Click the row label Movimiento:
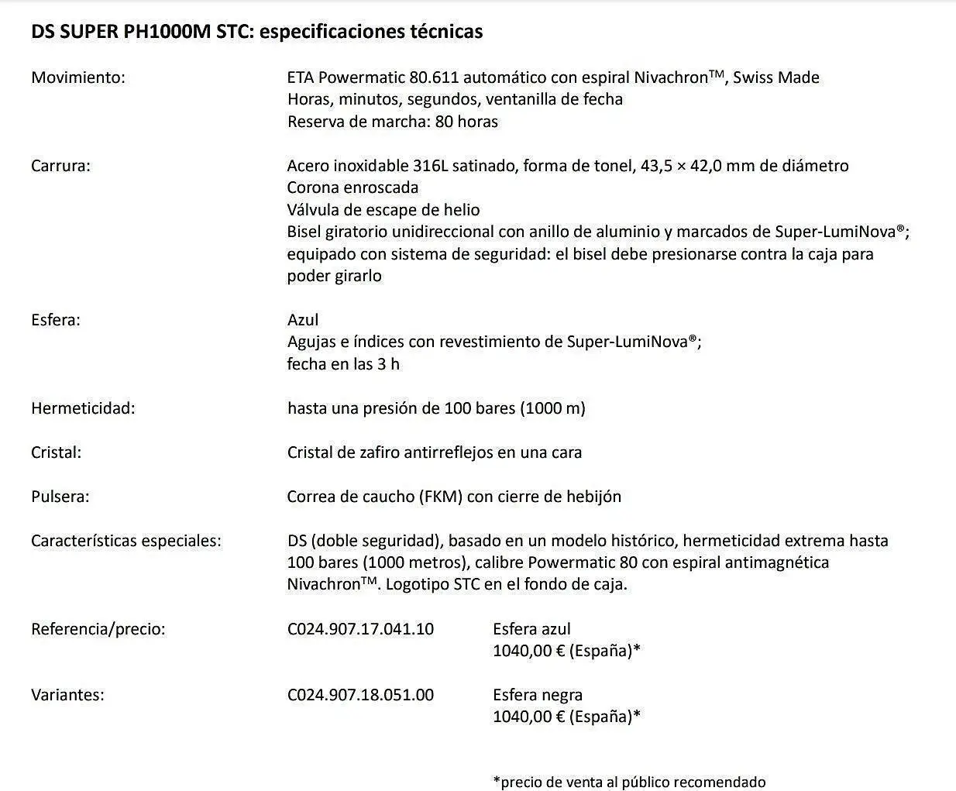point(77,77)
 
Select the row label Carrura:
point(60,166)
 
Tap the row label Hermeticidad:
point(83,408)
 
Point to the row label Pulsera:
point(60,497)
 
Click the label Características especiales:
point(126,541)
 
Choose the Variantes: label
point(67,695)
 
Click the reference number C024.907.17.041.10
point(360,629)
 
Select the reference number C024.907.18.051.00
point(360,695)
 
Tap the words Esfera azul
point(531,629)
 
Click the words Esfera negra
point(538,695)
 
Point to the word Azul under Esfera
point(303,320)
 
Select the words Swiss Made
point(776,77)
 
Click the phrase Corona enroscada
point(352,187)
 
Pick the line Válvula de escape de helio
point(383,210)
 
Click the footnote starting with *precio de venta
point(629,782)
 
